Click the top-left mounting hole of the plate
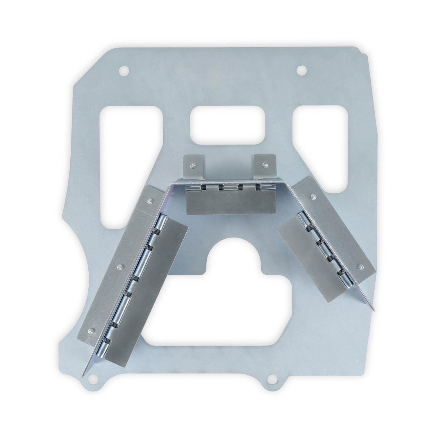click(x=124, y=70)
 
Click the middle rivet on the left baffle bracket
click(x=119, y=266)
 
